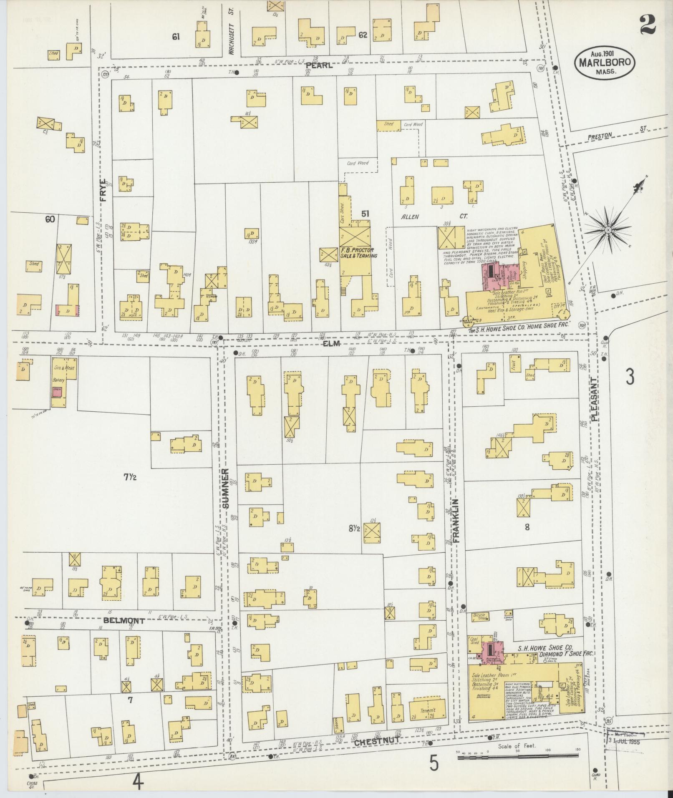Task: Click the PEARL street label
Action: [x=319, y=65]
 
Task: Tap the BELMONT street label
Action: [x=124, y=621]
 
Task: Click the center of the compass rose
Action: [x=607, y=230]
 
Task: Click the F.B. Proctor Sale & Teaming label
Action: [x=358, y=253]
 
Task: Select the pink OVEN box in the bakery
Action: [x=57, y=390]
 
